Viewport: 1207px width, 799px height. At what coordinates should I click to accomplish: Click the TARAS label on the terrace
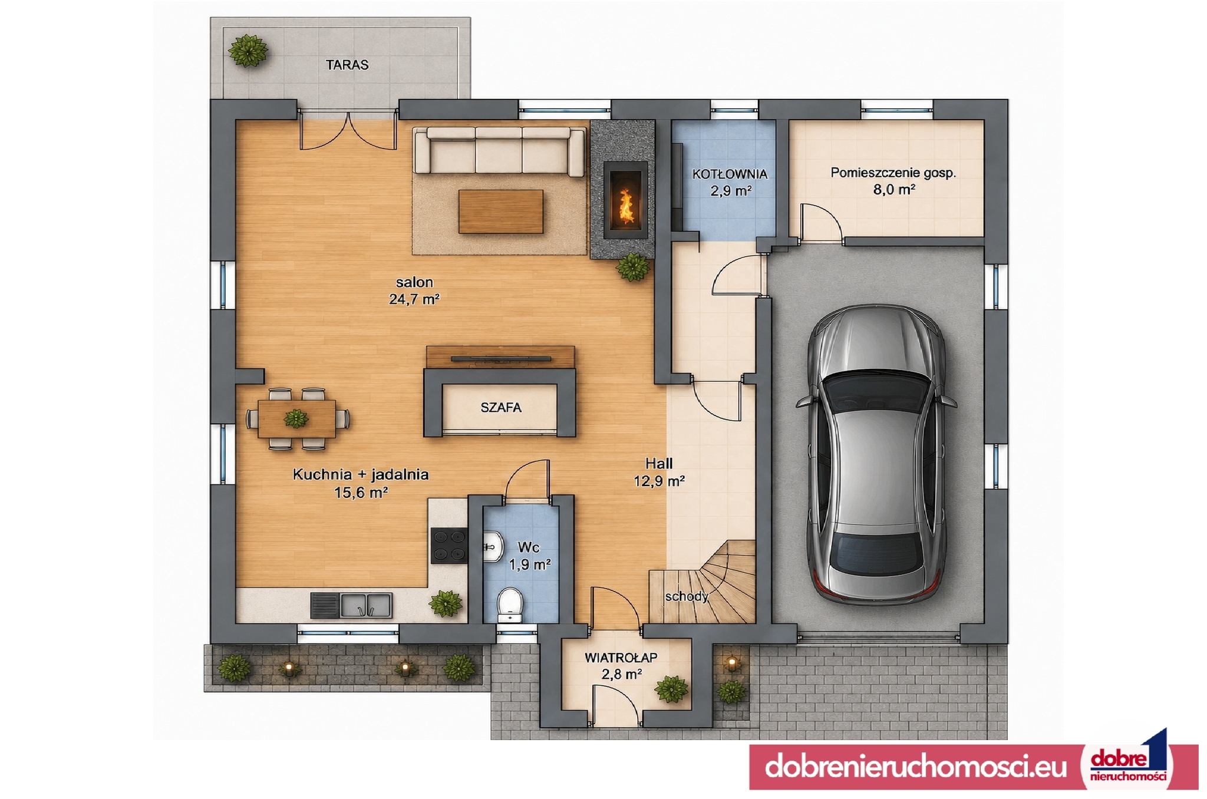pos(347,65)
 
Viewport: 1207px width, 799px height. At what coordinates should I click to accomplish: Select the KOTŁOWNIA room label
pos(730,174)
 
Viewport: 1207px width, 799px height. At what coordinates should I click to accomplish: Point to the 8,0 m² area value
pos(893,190)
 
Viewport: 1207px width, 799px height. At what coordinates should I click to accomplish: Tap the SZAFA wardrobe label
pos(501,408)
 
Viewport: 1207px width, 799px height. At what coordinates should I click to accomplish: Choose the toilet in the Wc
pos(510,604)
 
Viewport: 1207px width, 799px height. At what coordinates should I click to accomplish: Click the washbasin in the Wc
pos(493,547)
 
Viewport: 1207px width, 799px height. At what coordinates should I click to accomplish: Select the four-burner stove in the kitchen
pos(449,544)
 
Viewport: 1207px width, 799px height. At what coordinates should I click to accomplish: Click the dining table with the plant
pos(297,419)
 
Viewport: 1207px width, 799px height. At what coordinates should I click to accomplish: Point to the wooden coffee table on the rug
pos(501,211)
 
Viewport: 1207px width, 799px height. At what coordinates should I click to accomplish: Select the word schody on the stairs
pos(687,596)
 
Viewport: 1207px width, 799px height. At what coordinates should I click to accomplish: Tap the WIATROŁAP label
pos(621,658)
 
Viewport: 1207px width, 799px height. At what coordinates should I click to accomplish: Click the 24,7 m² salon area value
pos(414,299)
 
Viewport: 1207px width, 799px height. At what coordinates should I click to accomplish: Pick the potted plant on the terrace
pos(248,51)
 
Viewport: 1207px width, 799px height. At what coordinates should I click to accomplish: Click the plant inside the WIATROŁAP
pos(672,689)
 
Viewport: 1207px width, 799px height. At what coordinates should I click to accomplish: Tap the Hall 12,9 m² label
pos(659,473)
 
